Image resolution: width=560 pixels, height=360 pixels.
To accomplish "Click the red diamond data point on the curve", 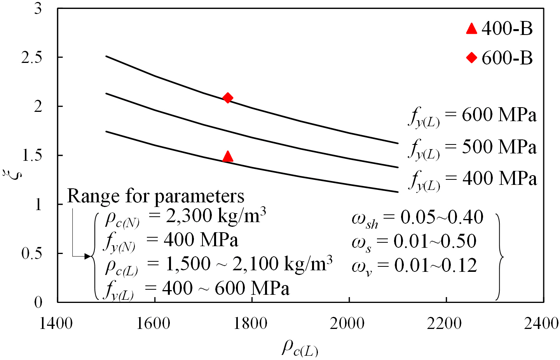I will click(x=228, y=98).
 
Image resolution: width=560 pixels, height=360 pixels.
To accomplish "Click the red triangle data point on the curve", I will click(x=228, y=157).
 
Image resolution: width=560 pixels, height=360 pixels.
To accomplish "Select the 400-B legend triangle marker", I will click(x=471, y=28).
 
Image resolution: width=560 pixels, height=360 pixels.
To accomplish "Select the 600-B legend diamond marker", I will click(x=471, y=58).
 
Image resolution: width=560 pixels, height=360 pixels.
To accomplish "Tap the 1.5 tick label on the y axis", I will click(x=31, y=155).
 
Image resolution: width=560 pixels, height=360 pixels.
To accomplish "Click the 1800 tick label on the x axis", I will click(x=250, y=323).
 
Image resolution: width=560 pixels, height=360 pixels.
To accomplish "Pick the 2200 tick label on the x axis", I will click(x=444, y=323).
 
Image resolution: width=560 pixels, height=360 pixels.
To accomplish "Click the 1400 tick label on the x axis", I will click(x=56, y=323).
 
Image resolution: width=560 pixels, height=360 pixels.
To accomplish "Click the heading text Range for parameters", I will click(x=156, y=196).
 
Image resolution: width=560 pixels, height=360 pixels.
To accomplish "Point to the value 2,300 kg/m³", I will click(x=216, y=216).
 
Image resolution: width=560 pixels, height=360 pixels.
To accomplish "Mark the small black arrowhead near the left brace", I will click(x=88, y=256).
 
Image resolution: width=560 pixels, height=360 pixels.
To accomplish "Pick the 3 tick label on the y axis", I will click(x=38, y=9).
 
